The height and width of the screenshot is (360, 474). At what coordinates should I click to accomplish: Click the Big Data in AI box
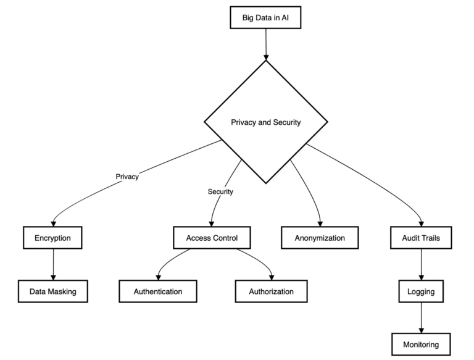click(265, 17)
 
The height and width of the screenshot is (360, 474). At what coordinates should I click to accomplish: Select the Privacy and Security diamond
click(266, 122)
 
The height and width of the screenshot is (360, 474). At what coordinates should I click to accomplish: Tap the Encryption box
click(52, 238)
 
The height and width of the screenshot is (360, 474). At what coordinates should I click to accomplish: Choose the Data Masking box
click(53, 291)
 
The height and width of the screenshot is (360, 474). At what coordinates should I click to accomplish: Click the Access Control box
click(212, 238)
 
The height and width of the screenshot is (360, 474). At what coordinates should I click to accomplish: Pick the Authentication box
click(158, 291)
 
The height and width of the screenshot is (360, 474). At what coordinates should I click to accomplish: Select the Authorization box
click(271, 291)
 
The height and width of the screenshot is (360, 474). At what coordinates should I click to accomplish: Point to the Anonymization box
click(320, 238)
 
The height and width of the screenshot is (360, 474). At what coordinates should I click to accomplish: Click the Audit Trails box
click(421, 238)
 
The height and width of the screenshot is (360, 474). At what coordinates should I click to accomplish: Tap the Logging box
click(421, 291)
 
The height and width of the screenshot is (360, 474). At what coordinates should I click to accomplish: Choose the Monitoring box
click(421, 345)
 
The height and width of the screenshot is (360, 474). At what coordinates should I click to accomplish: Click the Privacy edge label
click(127, 177)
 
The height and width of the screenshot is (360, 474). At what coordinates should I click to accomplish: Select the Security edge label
click(220, 191)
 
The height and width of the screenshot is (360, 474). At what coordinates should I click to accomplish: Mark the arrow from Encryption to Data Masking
click(54, 265)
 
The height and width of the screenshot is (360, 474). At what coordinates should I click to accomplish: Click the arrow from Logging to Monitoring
click(422, 318)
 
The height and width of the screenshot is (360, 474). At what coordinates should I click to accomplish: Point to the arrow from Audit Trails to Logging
click(422, 265)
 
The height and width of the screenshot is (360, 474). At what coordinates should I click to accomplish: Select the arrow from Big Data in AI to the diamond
click(266, 44)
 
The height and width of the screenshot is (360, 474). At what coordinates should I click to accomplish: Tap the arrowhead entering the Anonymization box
click(320, 224)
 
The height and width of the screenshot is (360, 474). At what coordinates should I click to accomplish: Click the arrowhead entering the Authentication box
click(158, 277)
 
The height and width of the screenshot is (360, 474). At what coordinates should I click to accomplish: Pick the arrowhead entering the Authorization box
click(272, 277)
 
